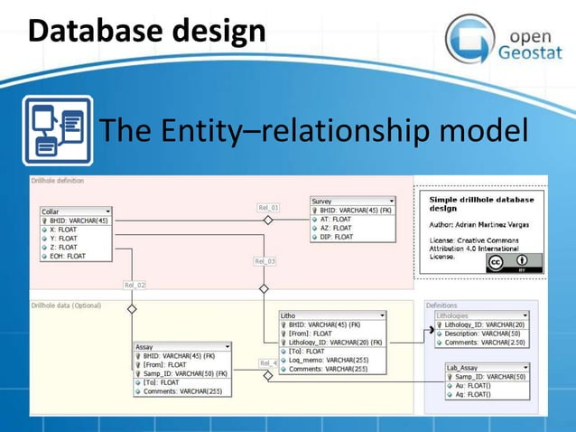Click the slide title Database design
pos(146,32)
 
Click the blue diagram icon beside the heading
pos(57,131)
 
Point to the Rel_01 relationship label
pos(268,207)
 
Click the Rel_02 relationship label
pos(135,285)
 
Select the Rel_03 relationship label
pos(265,261)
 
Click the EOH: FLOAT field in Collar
pos(68,256)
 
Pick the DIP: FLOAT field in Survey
pos(336,237)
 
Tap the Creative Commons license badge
pos(508,262)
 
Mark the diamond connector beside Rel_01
pos(267,220)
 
